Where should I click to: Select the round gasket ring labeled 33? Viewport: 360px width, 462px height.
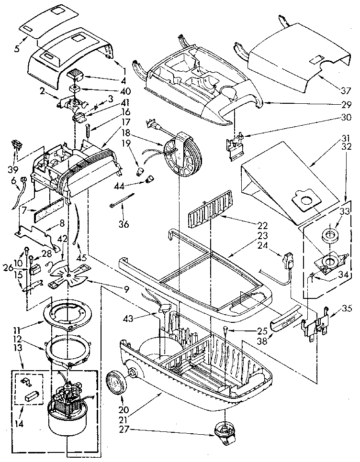pos(329,235)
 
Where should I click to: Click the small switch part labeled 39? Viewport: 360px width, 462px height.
pos(18,144)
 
